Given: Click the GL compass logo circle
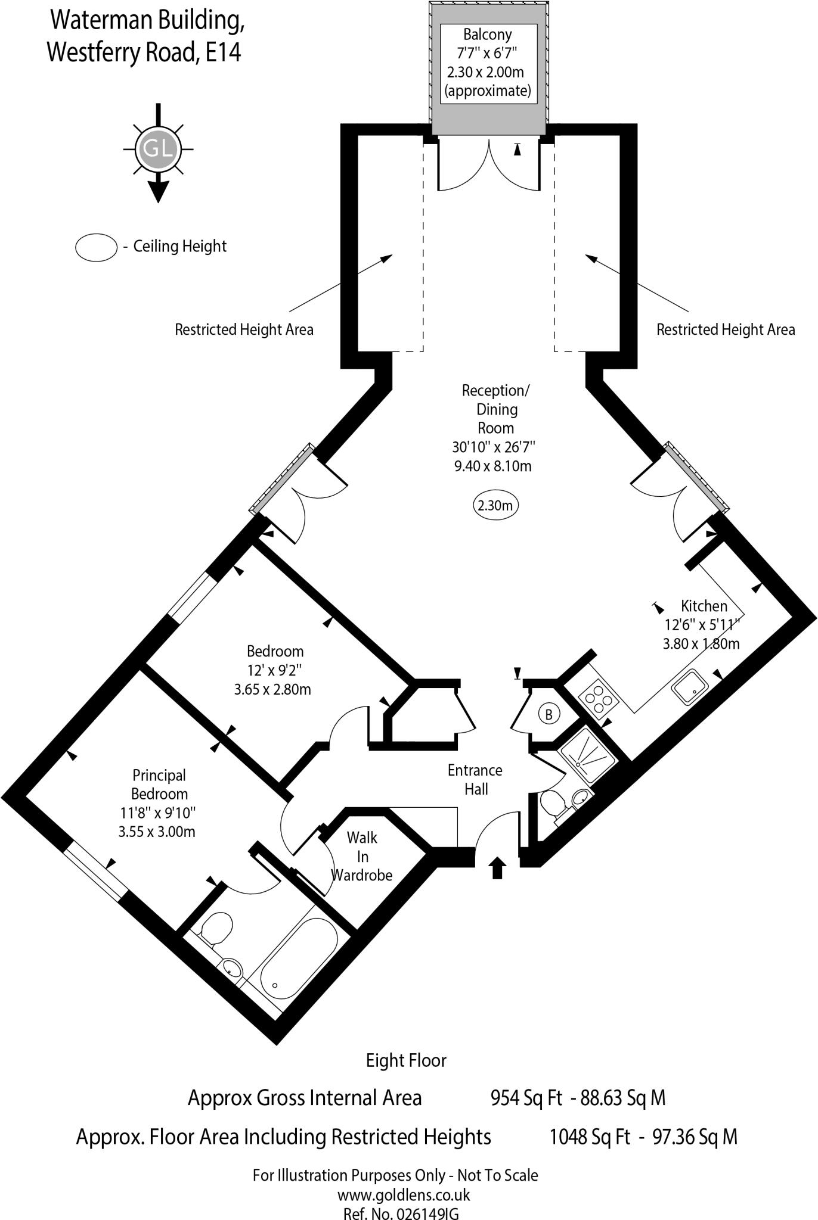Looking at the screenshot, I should coord(158,148).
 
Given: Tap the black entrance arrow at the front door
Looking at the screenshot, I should coord(497,867).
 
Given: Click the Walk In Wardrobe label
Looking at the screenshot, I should coord(362,856).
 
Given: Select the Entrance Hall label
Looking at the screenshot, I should coord(475,779).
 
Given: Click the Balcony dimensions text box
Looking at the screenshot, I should coord(488,63).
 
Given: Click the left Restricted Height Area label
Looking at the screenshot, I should coord(244,329).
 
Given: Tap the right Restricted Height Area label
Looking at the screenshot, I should coord(726,329).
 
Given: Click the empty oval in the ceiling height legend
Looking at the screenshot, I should coord(96,247).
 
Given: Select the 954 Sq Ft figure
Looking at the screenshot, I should coord(526,1097).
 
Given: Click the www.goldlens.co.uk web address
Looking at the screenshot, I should coord(404,1194).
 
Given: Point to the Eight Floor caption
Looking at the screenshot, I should coord(406,1060).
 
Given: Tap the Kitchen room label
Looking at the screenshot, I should coord(704,606).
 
